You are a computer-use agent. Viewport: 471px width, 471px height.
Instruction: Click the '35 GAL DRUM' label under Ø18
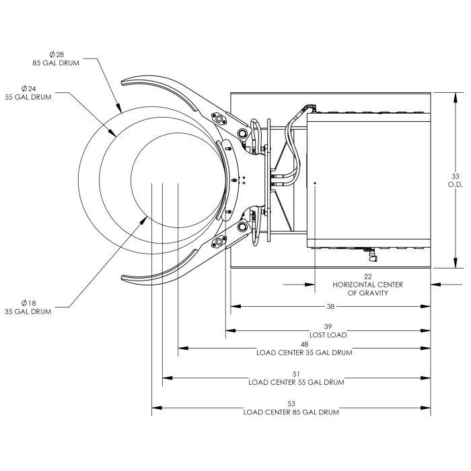point(28,312)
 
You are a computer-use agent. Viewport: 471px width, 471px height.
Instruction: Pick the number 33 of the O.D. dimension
point(455,176)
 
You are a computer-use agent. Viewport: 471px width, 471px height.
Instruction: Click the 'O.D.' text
point(455,184)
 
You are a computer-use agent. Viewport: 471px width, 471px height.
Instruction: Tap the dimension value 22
point(367,277)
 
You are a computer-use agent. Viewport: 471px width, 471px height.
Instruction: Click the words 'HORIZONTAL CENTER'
point(367,285)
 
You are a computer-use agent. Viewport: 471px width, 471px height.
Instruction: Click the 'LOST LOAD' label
point(328,334)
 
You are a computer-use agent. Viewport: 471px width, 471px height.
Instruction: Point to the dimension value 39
point(328,326)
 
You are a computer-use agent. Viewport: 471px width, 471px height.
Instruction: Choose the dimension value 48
point(304,344)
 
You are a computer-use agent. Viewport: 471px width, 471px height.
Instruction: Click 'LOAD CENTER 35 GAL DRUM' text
point(304,353)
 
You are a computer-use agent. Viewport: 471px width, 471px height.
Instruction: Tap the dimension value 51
point(296,373)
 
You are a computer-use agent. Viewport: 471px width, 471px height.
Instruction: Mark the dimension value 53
point(291,403)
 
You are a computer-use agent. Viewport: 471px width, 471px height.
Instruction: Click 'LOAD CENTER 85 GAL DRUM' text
point(291,412)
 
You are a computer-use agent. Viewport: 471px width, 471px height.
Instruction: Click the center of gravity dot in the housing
point(315,182)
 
